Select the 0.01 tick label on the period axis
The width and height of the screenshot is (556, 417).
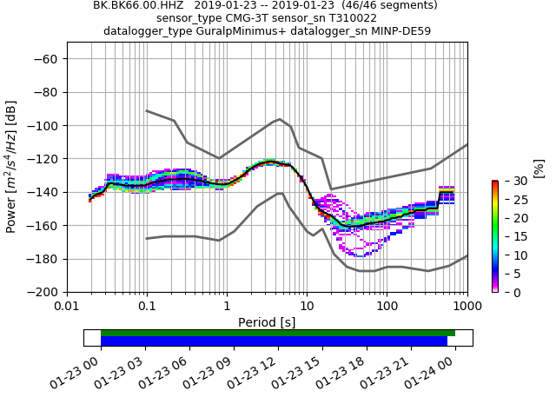click(67, 307)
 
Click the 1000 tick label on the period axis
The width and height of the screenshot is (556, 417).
click(467, 307)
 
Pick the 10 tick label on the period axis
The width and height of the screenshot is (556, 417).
click(307, 307)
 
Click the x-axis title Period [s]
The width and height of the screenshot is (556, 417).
click(267, 322)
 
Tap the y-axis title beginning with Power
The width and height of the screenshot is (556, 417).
click(12, 167)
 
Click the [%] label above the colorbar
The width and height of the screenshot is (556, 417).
click(539, 167)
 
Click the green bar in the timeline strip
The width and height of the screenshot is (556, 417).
click(278, 333)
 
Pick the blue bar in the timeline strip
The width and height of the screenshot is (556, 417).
click(274, 341)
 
